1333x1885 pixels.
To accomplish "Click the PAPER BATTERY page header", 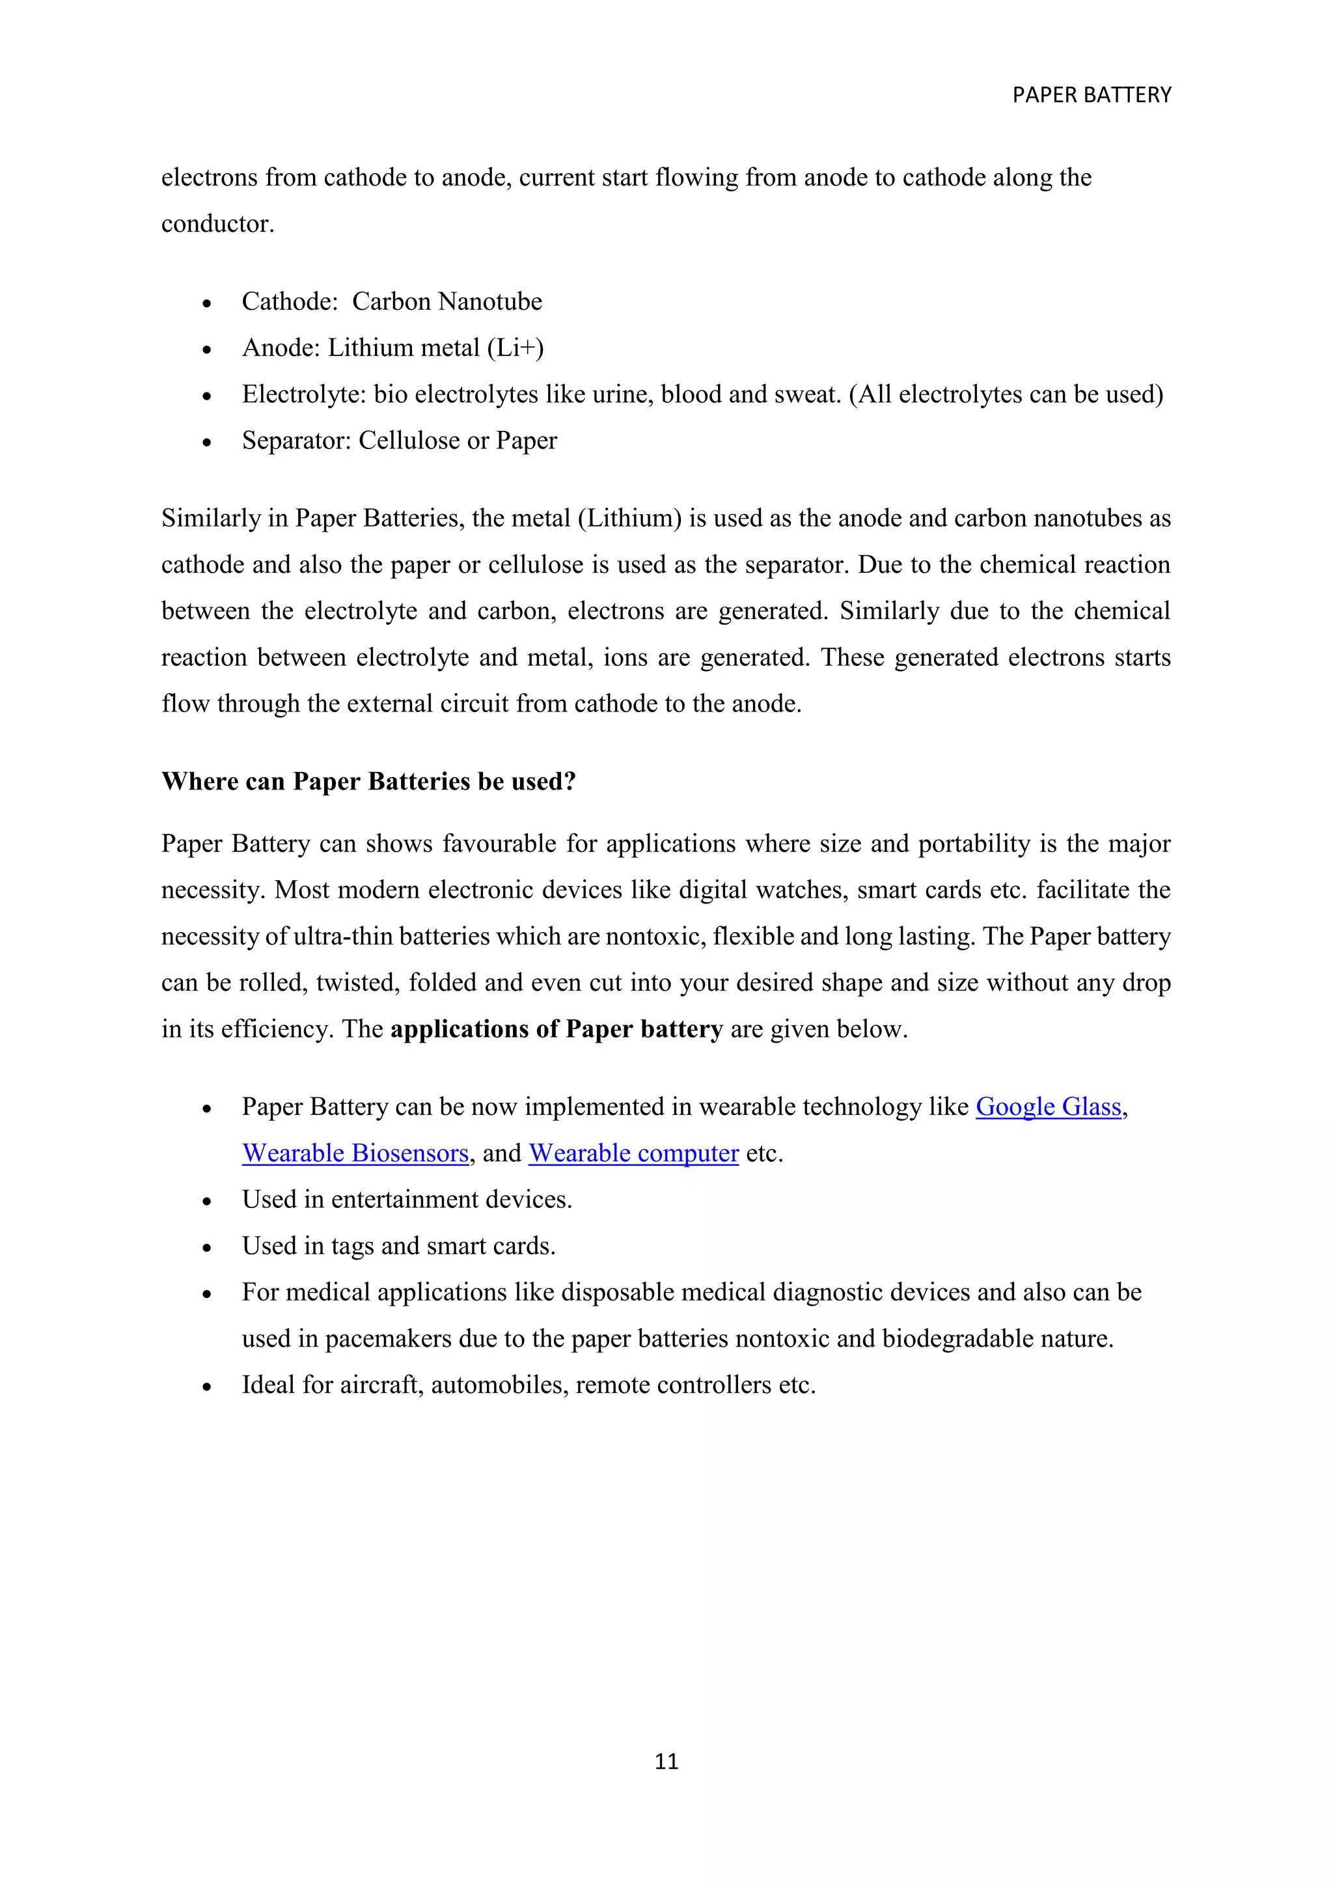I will [1091, 95].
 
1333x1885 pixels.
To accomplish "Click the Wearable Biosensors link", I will [355, 1153].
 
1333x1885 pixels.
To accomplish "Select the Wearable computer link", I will [633, 1153].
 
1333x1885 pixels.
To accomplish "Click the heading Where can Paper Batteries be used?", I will [368, 781].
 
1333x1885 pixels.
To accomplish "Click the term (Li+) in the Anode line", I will [515, 348].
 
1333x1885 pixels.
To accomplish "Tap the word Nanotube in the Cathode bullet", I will [490, 301].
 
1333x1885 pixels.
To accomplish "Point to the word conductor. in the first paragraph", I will [217, 223].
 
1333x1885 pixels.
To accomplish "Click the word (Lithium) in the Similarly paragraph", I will [629, 518].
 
